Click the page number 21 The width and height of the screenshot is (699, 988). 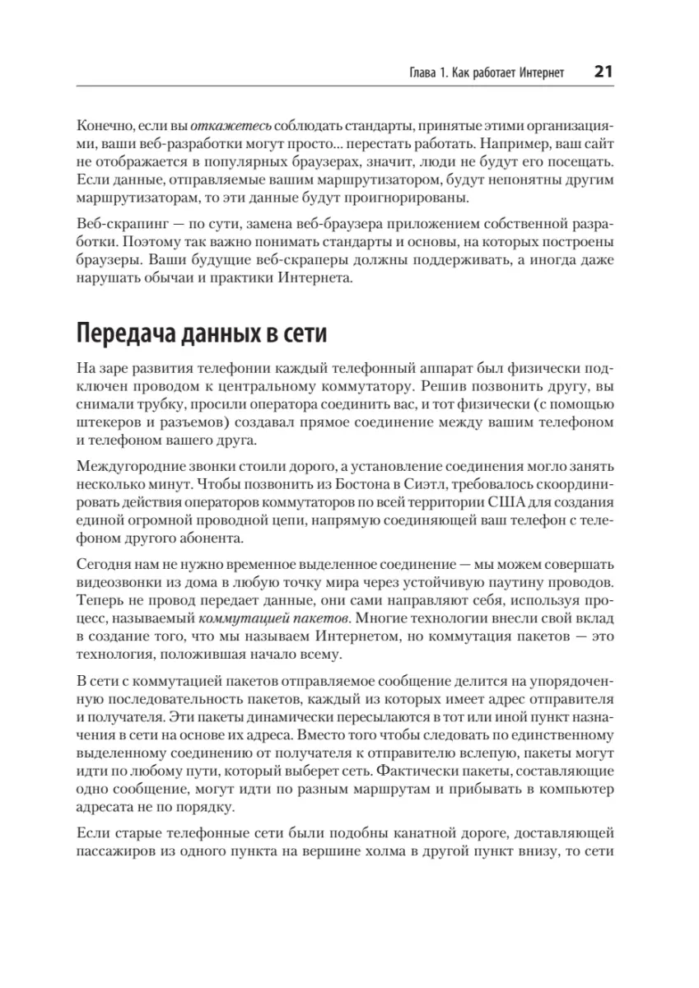pyautogui.click(x=603, y=72)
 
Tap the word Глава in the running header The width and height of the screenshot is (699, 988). pyautogui.click(x=426, y=73)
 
